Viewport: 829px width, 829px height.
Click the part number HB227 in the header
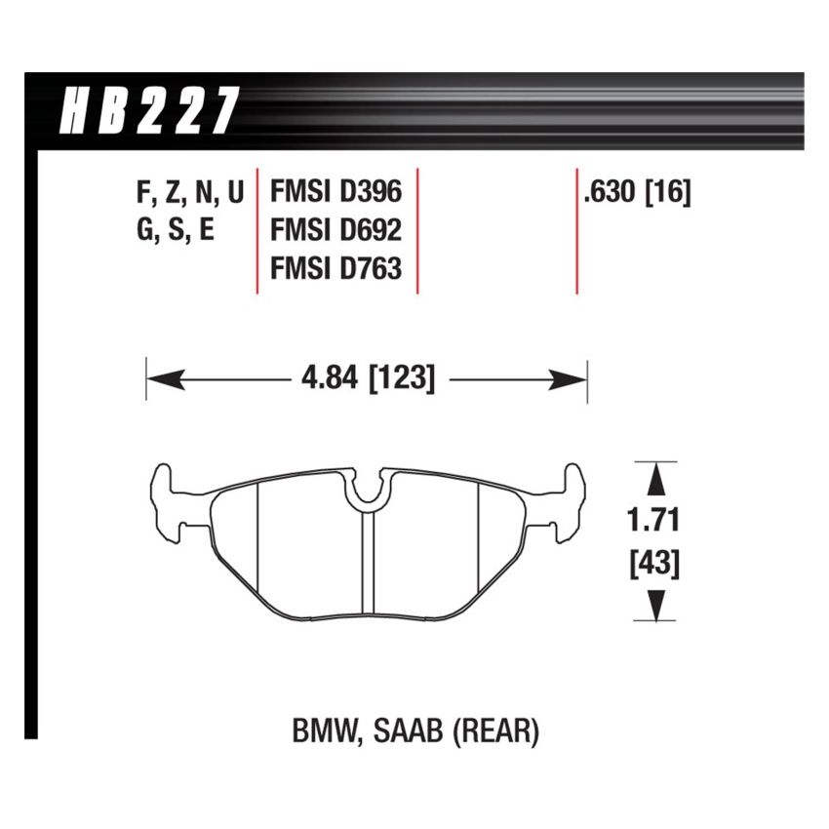click(x=148, y=109)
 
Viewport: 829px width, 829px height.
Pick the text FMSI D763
click(x=336, y=267)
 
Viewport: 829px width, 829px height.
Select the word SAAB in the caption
click(x=412, y=731)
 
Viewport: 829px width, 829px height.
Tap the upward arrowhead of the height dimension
click(x=656, y=478)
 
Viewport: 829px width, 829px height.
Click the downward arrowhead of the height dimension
click(x=656, y=607)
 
